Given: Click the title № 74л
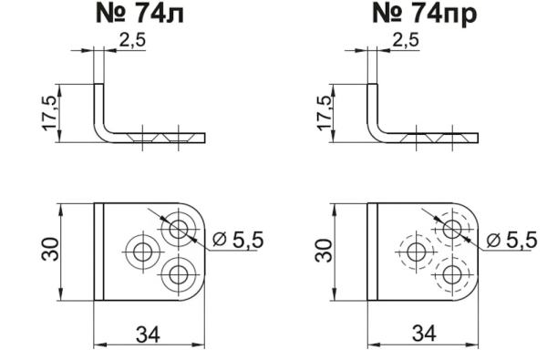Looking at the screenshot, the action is point(139,14).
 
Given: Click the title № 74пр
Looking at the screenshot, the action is point(424,15).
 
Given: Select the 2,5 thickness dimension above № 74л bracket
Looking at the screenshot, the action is point(132,40).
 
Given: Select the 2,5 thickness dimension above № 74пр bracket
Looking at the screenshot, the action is point(406,40).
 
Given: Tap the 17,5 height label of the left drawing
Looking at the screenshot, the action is point(50,113).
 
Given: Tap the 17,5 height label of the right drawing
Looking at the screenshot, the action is point(324,113).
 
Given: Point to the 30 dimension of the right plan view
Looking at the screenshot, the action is point(324,250).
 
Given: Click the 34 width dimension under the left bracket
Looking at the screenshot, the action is point(148,334).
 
